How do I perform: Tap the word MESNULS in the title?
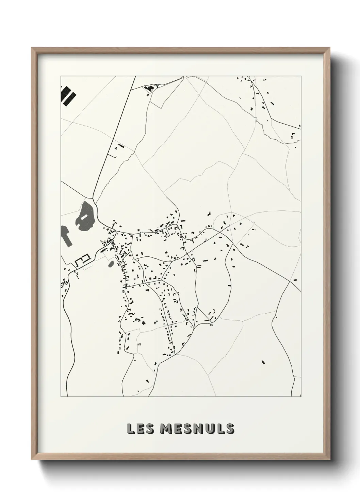point(197,429)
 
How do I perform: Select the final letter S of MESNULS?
point(230,429)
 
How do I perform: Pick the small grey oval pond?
point(111,264)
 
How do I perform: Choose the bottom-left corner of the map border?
point(61,396)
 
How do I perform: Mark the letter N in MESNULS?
point(199,429)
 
